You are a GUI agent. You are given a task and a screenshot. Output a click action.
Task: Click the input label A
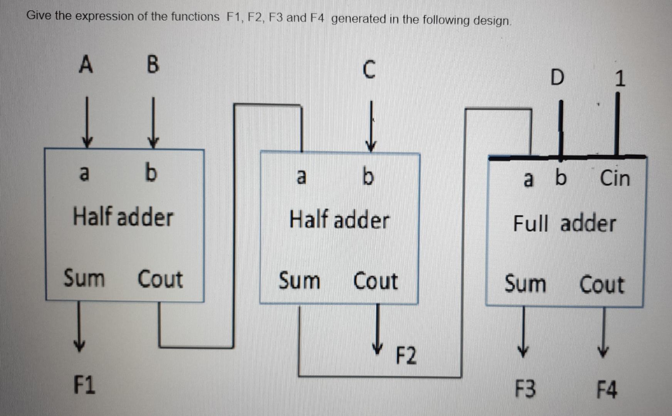[86, 64]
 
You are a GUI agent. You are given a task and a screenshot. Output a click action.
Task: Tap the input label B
[153, 64]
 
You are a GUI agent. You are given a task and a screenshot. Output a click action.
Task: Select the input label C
[369, 70]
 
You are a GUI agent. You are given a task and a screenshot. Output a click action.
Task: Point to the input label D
[557, 77]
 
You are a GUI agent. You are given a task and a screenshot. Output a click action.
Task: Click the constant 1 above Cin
[619, 79]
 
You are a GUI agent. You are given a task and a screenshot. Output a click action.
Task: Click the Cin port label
[615, 178]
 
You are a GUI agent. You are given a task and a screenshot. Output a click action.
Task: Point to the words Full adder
[564, 223]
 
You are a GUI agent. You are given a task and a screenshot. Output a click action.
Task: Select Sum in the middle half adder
[299, 280]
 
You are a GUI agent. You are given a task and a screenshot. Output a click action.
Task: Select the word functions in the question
[195, 17]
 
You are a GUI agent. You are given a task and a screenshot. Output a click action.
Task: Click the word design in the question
[491, 20]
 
